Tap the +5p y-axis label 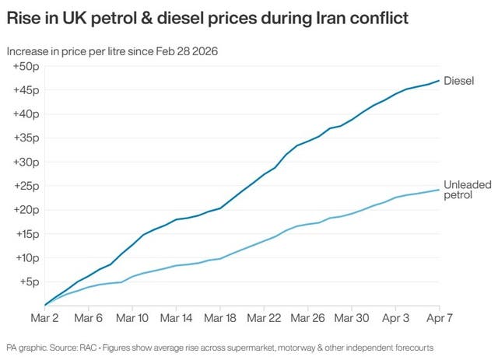[x=30, y=281]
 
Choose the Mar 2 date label [x=44, y=319]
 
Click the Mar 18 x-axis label [x=221, y=319]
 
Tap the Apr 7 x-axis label [x=439, y=319]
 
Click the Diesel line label [x=459, y=80]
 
